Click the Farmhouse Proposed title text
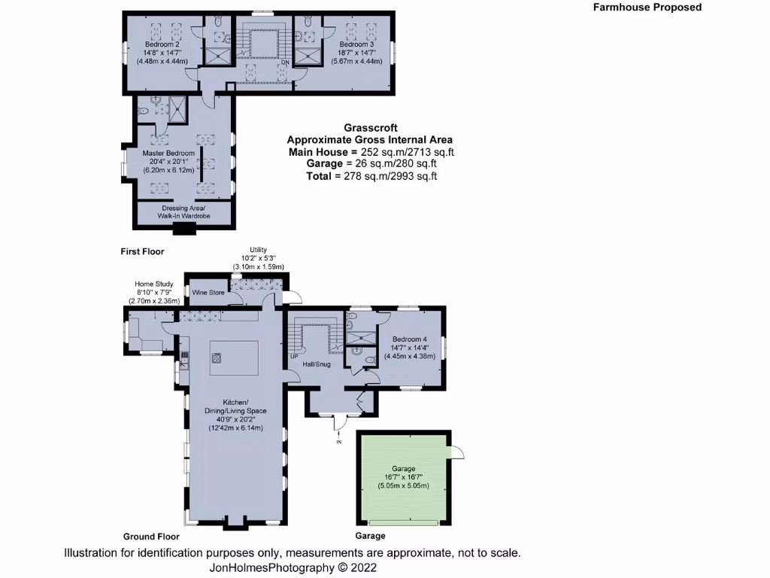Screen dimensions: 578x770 pyautogui.click(x=647, y=8)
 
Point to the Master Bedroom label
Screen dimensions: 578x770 pyautogui.click(x=168, y=154)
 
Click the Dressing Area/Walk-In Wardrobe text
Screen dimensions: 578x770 pyautogui.click(x=183, y=211)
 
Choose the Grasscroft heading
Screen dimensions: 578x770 pyautogui.click(x=369, y=128)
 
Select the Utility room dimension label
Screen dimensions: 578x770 pyautogui.click(x=258, y=258)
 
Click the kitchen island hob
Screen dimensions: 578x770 pyautogui.click(x=217, y=358)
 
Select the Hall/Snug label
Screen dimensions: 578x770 pyautogui.click(x=317, y=364)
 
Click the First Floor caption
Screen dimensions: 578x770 pyautogui.click(x=142, y=251)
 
